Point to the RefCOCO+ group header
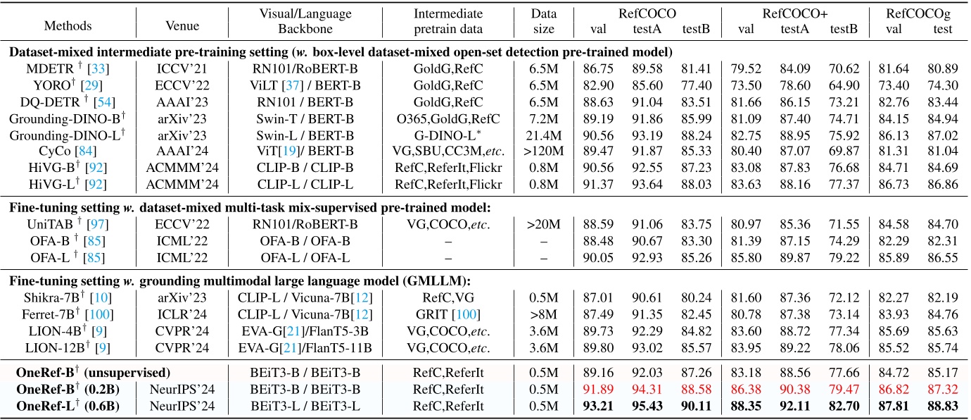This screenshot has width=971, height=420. coord(797,13)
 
